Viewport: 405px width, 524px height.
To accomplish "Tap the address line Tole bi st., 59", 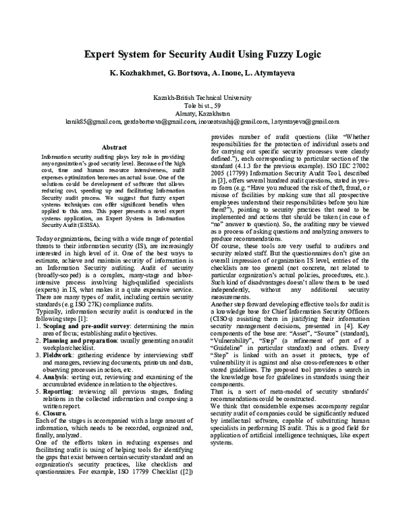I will (202, 105).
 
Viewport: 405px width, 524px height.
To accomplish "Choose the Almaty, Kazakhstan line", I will (202, 113).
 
